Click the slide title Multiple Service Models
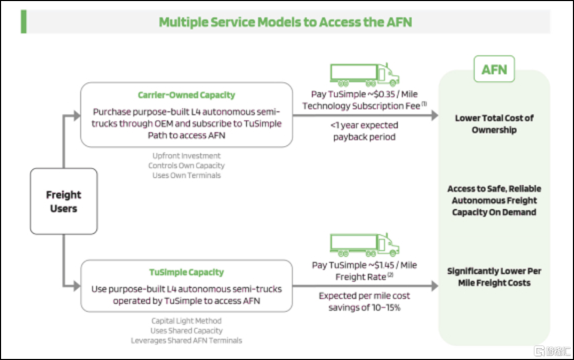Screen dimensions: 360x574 [x=285, y=22]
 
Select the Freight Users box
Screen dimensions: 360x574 [x=63, y=201]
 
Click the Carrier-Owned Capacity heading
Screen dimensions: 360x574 [x=186, y=95]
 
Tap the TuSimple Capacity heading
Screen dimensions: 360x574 [x=186, y=273]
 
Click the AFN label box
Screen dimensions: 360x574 [x=494, y=69]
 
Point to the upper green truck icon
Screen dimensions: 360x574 [x=365, y=75]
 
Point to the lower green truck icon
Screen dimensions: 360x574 [x=365, y=245]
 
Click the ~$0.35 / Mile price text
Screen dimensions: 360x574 [x=394, y=94]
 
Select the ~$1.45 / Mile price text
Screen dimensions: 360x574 [x=394, y=265]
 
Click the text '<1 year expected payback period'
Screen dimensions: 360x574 [x=364, y=132]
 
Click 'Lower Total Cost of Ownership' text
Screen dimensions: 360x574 [x=494, y=124]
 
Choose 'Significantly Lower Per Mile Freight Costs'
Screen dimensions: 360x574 [x=494, y=277]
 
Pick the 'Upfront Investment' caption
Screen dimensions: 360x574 [x=185, y=156]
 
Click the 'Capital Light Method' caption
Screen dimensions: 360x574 [x=186, y=321]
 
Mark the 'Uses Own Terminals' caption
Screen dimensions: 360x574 [x=186, y=175]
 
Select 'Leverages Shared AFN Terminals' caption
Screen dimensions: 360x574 [x=186, y=340]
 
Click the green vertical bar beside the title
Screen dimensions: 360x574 [x=23, y=22]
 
